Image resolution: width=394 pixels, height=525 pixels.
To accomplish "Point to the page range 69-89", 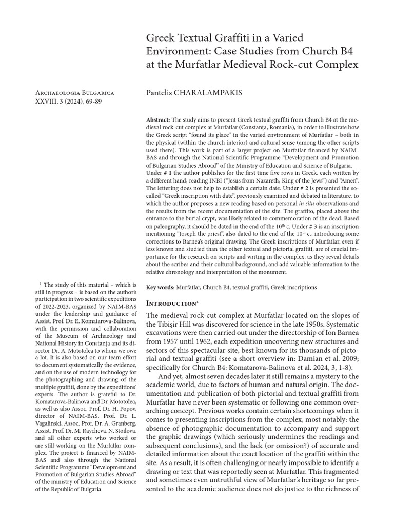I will pyautogui.click(x=103, y=102).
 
